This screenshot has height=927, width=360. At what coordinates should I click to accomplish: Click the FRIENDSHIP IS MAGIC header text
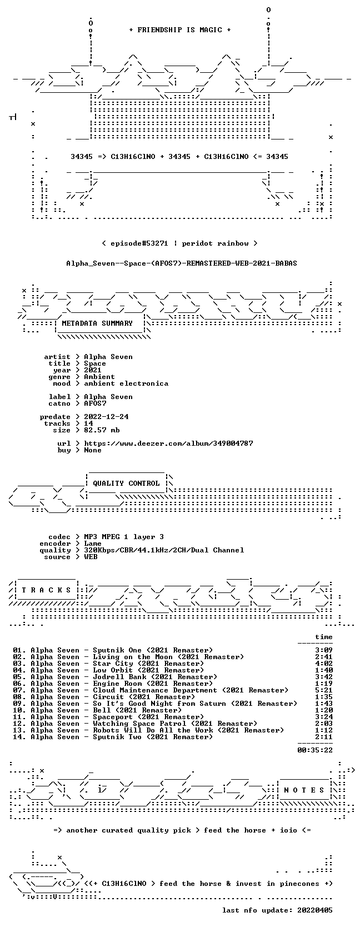[x=180, y=30]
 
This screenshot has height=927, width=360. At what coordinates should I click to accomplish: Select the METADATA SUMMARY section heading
[x=97, y=323]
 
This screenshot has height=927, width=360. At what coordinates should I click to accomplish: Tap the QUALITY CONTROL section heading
[x=126, y=484]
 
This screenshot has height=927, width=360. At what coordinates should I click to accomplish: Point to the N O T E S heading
[x=304, y=790]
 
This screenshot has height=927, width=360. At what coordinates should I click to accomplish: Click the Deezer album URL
[x=168, y=443]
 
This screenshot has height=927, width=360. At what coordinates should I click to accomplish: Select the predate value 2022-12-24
[x=106, y=417]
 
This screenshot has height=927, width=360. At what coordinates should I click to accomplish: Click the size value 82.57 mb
[x=102, y=430]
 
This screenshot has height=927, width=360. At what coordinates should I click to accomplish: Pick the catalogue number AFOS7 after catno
[x=95, y=403]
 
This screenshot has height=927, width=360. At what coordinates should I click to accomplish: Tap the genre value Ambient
[x=99, y=377]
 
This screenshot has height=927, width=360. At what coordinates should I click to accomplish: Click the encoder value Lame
[x=93, y=544]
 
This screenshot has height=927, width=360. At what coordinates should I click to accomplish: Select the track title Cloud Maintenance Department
[x=155, y=690]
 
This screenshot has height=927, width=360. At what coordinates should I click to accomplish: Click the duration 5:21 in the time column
[x=323, y=690]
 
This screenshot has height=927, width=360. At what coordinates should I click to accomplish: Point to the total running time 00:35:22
[x=315, y=750]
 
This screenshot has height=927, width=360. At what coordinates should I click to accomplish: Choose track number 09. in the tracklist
[x=19, y=704]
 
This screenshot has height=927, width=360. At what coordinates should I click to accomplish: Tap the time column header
[x=323, y=637]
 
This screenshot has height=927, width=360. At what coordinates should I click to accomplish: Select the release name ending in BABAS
[x=182, y=263]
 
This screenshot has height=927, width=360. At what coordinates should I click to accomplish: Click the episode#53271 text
[x=139, y=243]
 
